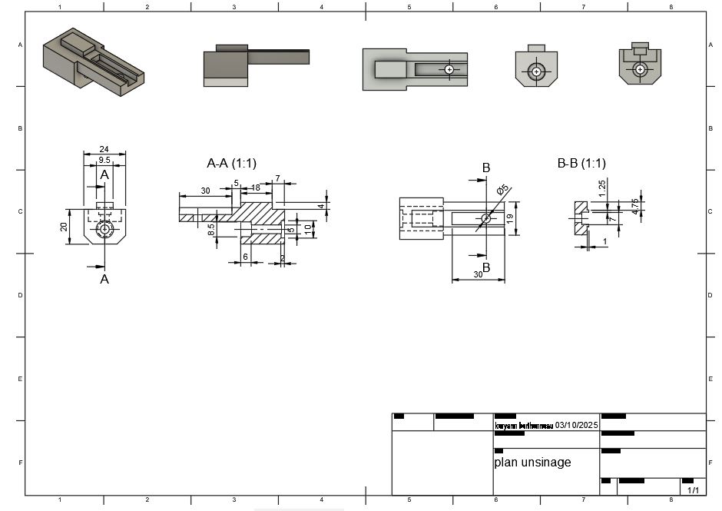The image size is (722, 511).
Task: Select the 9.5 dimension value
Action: (x=105, y=160)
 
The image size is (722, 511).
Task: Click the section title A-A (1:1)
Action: (x=231, y=163)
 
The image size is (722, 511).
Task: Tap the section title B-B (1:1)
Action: (x=581, y=163)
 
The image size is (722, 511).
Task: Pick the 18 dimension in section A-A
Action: (x=255, y=187)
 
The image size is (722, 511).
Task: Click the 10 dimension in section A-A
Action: (x=307, y=228)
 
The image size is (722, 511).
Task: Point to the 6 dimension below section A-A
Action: (x=246, y=257)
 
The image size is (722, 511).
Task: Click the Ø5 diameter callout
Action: (x=503, y=190)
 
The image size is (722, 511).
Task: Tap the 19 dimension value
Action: (x=510, y=219)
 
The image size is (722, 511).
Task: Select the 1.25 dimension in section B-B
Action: (x=603, y=185)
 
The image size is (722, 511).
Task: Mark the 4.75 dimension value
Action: (x=634, y=206)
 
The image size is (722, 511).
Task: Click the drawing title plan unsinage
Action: (x=532, y=463)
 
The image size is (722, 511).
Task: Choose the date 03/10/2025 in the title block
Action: (x=576, y=425)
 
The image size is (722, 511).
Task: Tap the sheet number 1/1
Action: (x=692, y=489)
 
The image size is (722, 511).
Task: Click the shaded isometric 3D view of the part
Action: (x=93, y=61)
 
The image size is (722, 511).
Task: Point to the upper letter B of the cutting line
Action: (x=485, y=168)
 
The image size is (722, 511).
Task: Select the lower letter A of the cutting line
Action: (x=105, y=280)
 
